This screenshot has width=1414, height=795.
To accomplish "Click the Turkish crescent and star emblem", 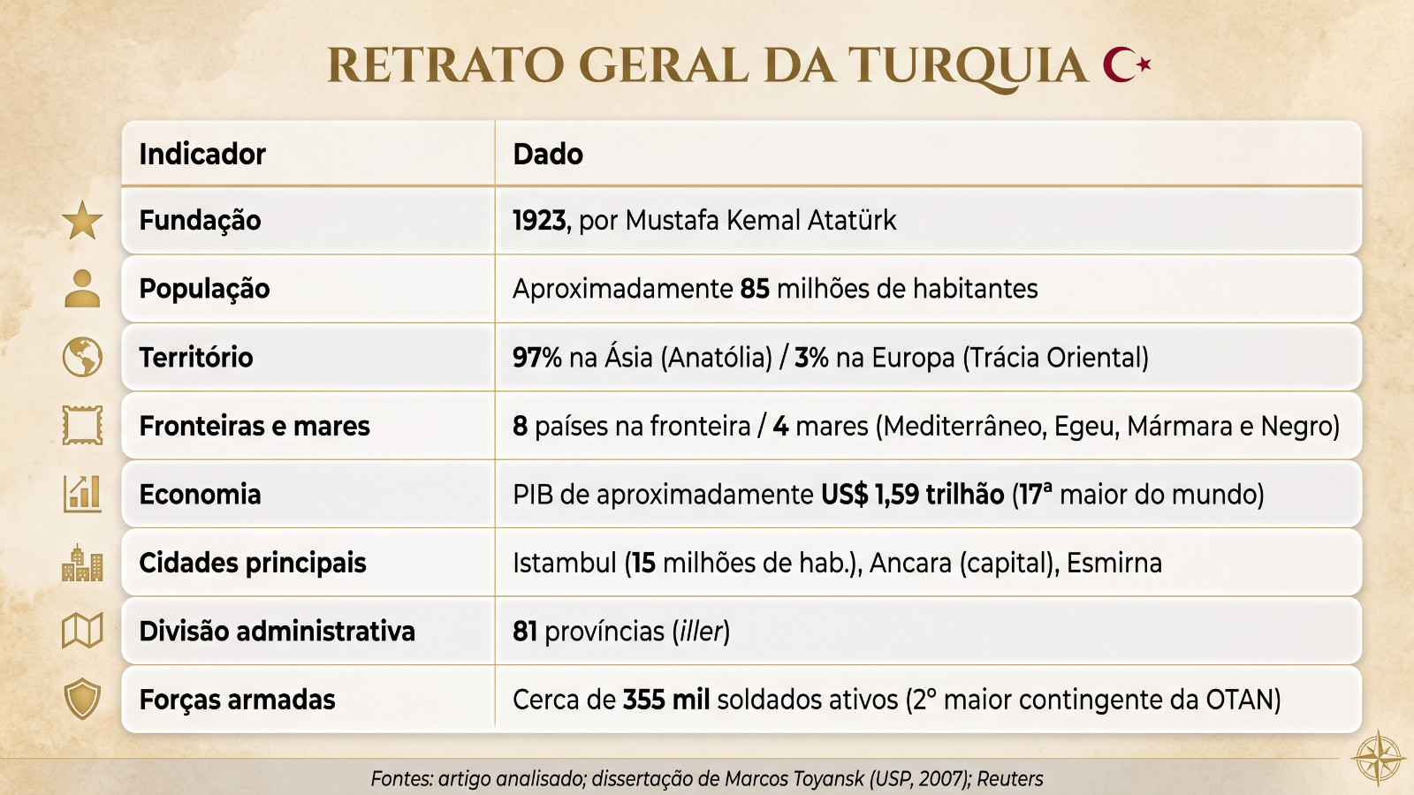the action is pos(1127,64).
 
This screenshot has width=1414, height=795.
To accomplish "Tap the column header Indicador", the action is pos(202,154).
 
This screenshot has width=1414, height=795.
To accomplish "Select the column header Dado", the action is pos(548,154).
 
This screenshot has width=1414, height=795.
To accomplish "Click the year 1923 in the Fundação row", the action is pos(539,220).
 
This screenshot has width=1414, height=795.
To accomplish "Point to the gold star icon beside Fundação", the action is pos(82,220).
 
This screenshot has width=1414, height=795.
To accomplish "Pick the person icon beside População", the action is pos(82,288).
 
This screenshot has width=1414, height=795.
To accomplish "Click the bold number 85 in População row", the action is pos(755,289).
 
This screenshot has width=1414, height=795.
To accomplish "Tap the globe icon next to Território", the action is pos(82,357).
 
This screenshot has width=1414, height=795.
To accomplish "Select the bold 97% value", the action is pos(537,357).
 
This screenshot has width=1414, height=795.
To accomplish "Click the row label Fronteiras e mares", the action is pos(255,426).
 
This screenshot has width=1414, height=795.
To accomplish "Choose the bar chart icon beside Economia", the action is pos(82,494).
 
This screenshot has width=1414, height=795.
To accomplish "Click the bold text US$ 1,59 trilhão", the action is pos(913,494).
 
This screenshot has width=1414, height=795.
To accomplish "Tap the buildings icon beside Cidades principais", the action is pos(82,562).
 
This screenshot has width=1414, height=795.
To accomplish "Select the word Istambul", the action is pos(565,563).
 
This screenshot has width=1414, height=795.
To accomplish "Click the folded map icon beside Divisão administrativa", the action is pos(82,631).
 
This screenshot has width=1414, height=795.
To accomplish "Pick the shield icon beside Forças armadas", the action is pos(82,699).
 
